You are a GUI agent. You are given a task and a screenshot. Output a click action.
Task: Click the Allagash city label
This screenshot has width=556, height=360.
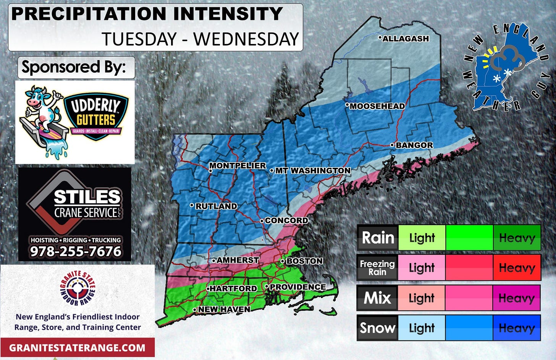pos(406,39)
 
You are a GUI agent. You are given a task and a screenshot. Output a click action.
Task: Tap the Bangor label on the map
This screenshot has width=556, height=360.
pos(414,145)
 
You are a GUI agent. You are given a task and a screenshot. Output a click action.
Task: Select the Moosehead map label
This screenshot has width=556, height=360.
pos(377,106)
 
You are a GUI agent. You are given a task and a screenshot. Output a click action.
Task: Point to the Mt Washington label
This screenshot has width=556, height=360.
pos(312,170)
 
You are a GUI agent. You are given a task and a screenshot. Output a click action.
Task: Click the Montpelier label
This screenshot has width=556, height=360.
pos(237,165)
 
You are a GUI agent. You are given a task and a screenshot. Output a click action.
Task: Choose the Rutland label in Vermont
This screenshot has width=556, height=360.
pos(216,206)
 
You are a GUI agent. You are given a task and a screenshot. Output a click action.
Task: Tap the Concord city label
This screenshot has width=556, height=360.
pos(286,221)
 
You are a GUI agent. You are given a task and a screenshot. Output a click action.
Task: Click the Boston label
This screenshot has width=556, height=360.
pos(304,261)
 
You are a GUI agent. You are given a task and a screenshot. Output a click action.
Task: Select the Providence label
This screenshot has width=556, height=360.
pos(297,287)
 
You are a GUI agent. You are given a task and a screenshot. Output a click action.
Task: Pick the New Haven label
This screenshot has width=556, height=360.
pos(224,309)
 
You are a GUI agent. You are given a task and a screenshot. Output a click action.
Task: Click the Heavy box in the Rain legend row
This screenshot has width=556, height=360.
pos(517,238)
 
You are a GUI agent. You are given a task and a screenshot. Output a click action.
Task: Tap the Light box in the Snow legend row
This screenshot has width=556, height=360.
pos(422,328)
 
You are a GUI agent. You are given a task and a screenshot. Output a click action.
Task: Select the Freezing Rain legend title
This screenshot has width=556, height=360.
pos(377,268)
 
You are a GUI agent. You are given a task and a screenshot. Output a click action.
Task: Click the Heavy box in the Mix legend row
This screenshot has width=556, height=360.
pos(517,298)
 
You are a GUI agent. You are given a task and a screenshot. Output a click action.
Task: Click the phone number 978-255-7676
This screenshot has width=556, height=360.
pos(76,251)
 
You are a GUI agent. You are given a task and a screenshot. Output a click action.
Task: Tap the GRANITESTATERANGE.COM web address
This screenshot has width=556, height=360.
pos(77,348)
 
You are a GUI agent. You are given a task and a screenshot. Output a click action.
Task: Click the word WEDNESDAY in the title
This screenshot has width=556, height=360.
pos(246,39)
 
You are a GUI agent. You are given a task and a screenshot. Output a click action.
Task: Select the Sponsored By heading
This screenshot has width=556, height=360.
pos(74,67)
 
